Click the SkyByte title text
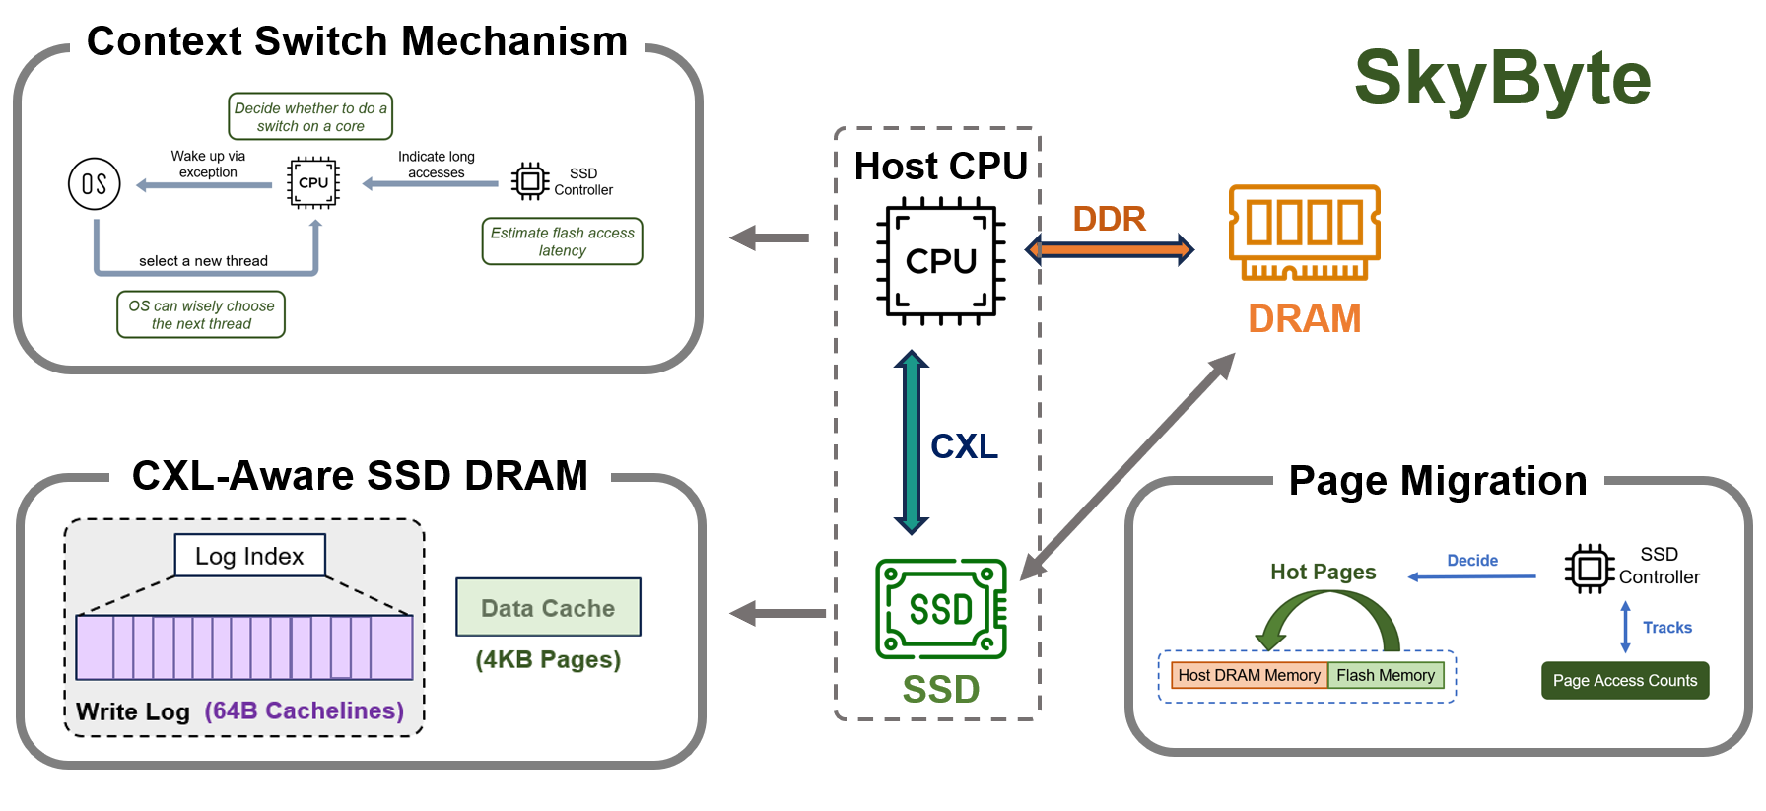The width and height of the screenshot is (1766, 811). click(x=1503, y=79)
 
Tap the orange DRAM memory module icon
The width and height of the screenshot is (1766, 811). click(x=1305, y=233)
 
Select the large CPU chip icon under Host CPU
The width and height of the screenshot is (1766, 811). click(x=941, y=261)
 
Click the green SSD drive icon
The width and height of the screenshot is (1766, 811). click(x=941, y=609)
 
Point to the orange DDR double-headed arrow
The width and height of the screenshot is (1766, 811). click(x=1110, y=249)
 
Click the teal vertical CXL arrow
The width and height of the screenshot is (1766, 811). click(x=912, y=442)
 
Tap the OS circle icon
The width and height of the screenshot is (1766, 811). click(x=95, y=184)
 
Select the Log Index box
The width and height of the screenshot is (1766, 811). click(x=249, y=556)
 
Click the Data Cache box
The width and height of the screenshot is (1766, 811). click(x=548, y=607)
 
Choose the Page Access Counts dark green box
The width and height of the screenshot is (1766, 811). click(x=1625, y=681)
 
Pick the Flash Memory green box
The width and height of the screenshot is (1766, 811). click(x=1386, y=675)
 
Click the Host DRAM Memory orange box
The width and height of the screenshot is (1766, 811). click(x=1249, y=675)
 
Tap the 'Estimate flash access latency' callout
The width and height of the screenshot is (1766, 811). click(x=562, y=241)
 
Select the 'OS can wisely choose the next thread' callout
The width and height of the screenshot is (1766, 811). click(x=201, y=314)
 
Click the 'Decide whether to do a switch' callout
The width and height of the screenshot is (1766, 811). click(x=310, y=116)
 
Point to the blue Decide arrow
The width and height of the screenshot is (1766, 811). click(x=1472, y=576)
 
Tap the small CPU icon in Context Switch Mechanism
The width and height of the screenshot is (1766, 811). click(x=313, y=183)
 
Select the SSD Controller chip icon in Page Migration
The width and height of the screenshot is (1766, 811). click(x=1589, y=569)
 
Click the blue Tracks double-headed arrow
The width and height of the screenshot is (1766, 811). click(x=1626, y=627)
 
